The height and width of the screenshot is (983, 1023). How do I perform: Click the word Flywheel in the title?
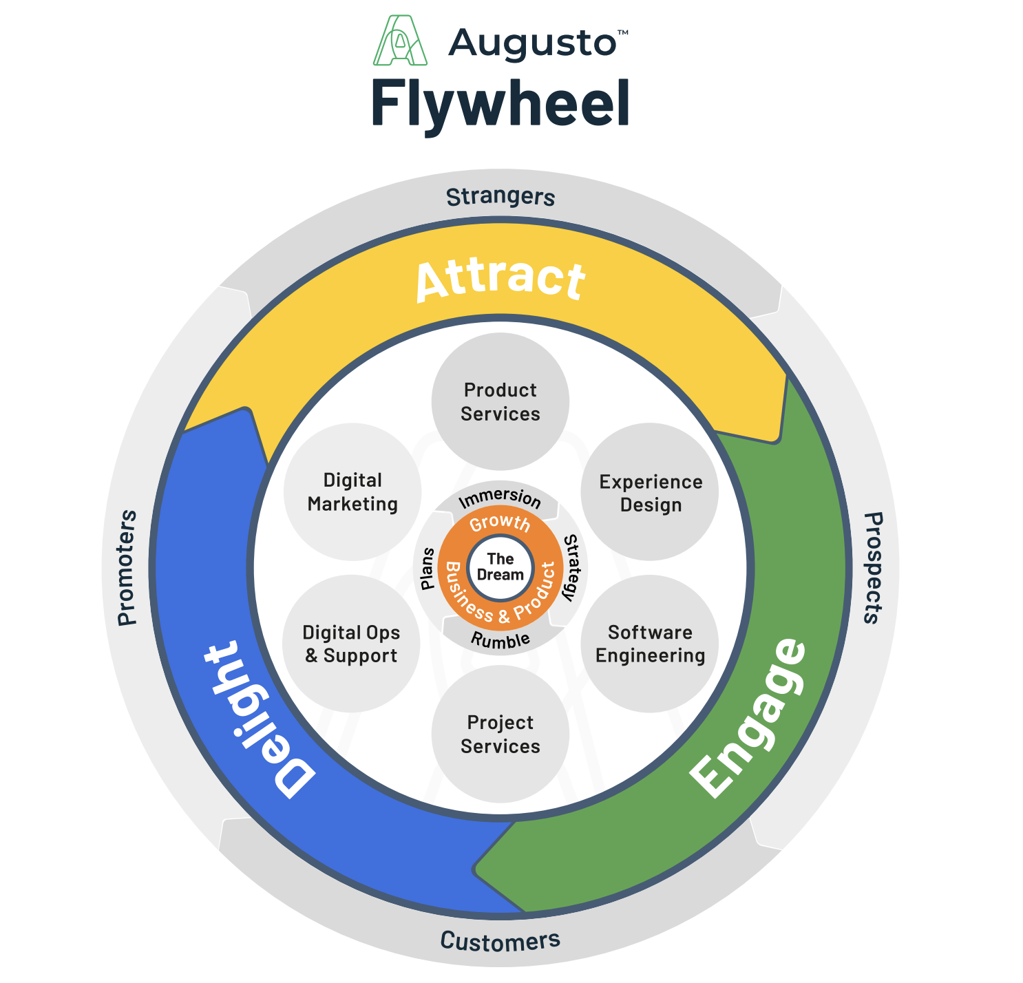[x=500, y=103]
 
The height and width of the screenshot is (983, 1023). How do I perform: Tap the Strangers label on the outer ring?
[x=500, y=197]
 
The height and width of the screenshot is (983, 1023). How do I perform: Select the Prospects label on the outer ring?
[x=872, y=568]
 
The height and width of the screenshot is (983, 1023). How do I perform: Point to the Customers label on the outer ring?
[x=500, y=940]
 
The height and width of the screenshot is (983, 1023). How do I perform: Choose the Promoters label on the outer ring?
[x=127, y=568]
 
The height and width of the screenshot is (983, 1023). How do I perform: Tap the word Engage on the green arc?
[x=749, y=717]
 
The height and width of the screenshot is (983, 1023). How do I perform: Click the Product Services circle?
[x=500, y=402]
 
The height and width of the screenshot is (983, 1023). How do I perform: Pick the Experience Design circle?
[x=651, y=493]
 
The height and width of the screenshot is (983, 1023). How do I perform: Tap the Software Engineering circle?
[x=651, y=644]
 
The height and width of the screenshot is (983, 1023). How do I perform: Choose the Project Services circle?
[x=500, y=734]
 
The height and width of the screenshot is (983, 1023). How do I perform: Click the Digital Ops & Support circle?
[x=351, y=644]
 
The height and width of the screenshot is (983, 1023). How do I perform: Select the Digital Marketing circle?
[x=352, y=492]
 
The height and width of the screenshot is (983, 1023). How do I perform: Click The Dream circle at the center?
[x=500, y=567]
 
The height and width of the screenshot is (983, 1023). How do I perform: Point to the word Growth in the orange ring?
[x=500, y=523]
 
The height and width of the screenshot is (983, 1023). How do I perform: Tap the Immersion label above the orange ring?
[x=500, y=497]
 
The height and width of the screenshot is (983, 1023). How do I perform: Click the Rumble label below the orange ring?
[x=500, y=640]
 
